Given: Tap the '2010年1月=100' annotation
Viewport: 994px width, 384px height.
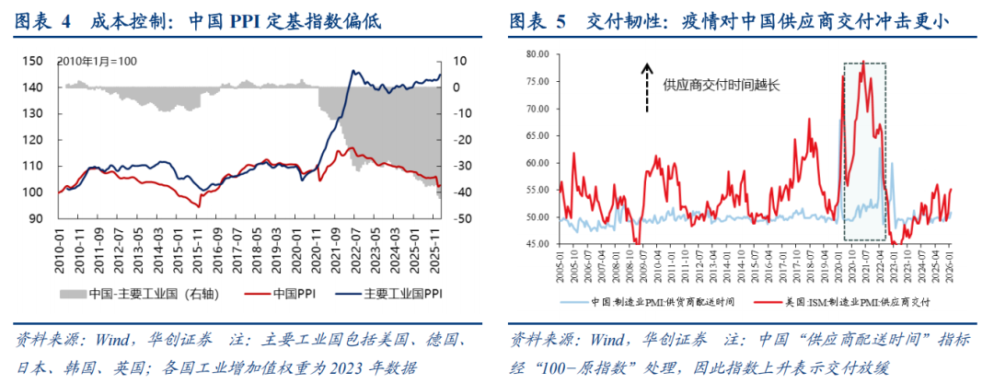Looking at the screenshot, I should [98, 61].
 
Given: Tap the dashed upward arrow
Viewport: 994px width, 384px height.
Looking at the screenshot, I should [647, 87].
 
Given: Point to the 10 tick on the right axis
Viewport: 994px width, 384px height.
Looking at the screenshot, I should [460, 61].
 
